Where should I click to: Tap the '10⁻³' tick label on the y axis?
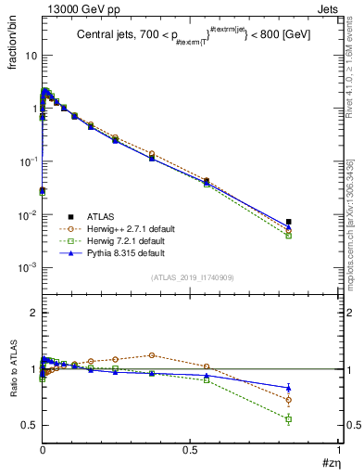click(28, 268)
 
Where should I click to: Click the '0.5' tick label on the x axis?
click(190, 451)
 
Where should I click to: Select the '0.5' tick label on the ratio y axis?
click(29, 425)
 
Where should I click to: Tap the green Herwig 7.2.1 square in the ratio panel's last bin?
click(289, 419)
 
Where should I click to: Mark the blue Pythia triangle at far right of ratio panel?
click(289, 388)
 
